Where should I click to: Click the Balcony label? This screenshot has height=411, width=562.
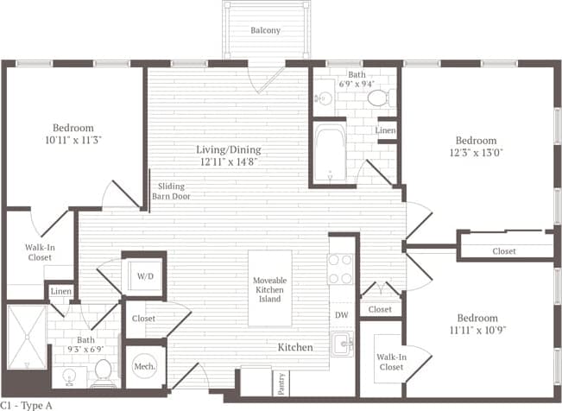[x=265, y=30]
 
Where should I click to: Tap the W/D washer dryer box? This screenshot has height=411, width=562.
[x=143, y=276]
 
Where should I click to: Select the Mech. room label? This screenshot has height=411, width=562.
[x=143, y=367]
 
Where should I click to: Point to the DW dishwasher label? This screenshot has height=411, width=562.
[x=341, y=315]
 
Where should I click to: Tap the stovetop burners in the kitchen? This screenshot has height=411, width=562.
[x=341, y=269]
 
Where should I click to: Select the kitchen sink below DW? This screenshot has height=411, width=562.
[x=343, y=345]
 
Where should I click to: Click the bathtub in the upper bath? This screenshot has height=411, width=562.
[x=330, y=154]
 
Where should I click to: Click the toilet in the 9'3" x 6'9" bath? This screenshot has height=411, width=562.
[x=103, y=372]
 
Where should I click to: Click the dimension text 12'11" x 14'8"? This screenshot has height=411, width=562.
[x=229, y=161]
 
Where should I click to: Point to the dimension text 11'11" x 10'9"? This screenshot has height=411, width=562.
[x=477, y=331]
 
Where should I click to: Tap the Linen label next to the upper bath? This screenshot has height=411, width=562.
[x=387, y=130]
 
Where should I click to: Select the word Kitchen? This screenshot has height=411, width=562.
[x=294, y=347]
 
